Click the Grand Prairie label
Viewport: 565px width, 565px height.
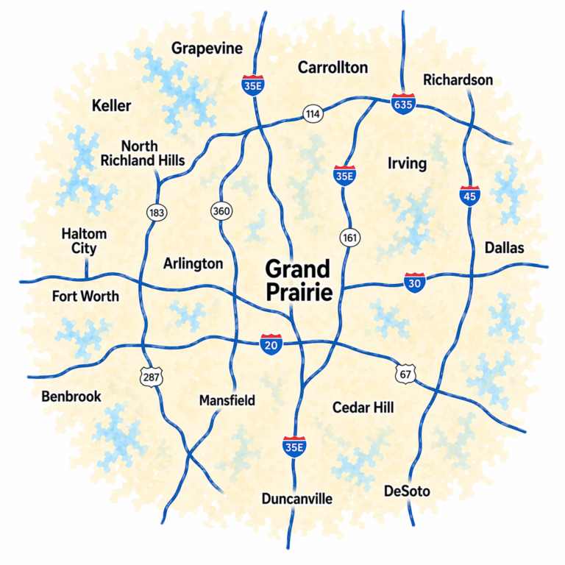(298, 280)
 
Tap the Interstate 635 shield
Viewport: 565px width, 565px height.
(402, 104)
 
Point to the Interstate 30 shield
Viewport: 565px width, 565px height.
(414, 282)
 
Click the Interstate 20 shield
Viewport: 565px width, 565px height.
(270, 344)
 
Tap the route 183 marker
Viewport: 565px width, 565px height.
(157, 213)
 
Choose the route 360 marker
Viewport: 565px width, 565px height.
(221, 210)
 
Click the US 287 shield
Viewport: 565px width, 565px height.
(151, 377)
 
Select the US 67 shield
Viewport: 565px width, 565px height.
(405, 373)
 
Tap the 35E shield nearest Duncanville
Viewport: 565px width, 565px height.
(294, 447)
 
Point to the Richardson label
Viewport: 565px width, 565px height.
(458, 80)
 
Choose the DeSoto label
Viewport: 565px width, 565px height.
(407, 491)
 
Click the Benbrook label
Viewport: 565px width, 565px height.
(71, 397)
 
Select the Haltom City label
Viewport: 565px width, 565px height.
(84, 241)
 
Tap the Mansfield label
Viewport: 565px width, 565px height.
(227, 401)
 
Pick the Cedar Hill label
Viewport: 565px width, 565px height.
(363, 407)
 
